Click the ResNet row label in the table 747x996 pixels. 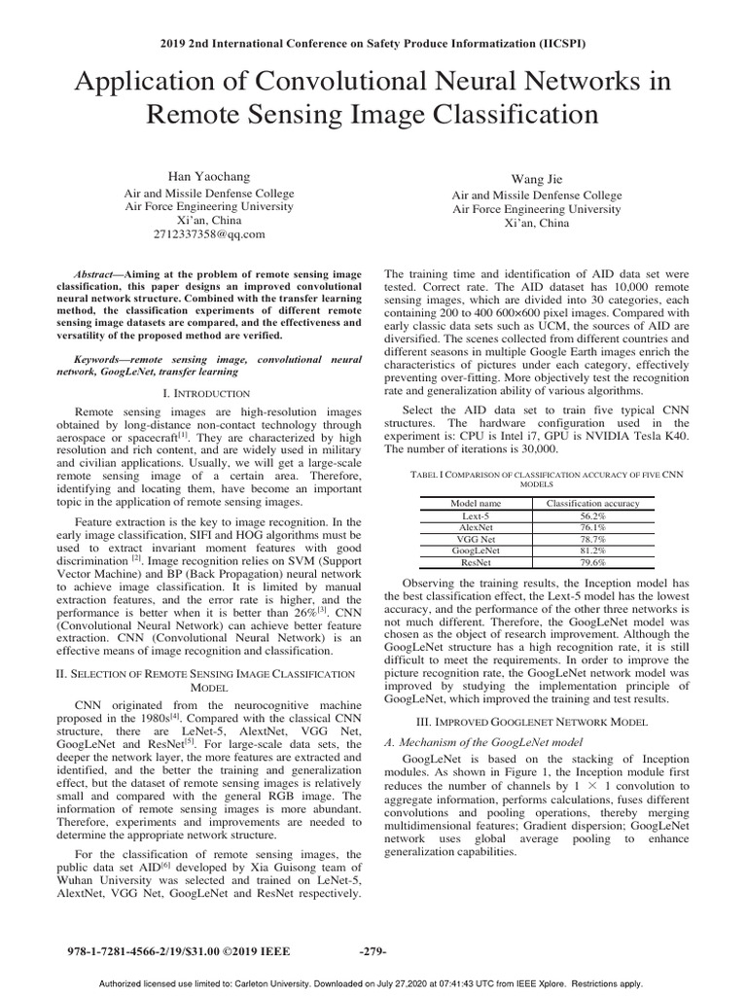477,561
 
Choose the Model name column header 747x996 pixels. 477,502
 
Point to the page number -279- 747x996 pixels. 373,950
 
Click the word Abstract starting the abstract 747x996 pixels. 98,275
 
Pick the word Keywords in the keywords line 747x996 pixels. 101,359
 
